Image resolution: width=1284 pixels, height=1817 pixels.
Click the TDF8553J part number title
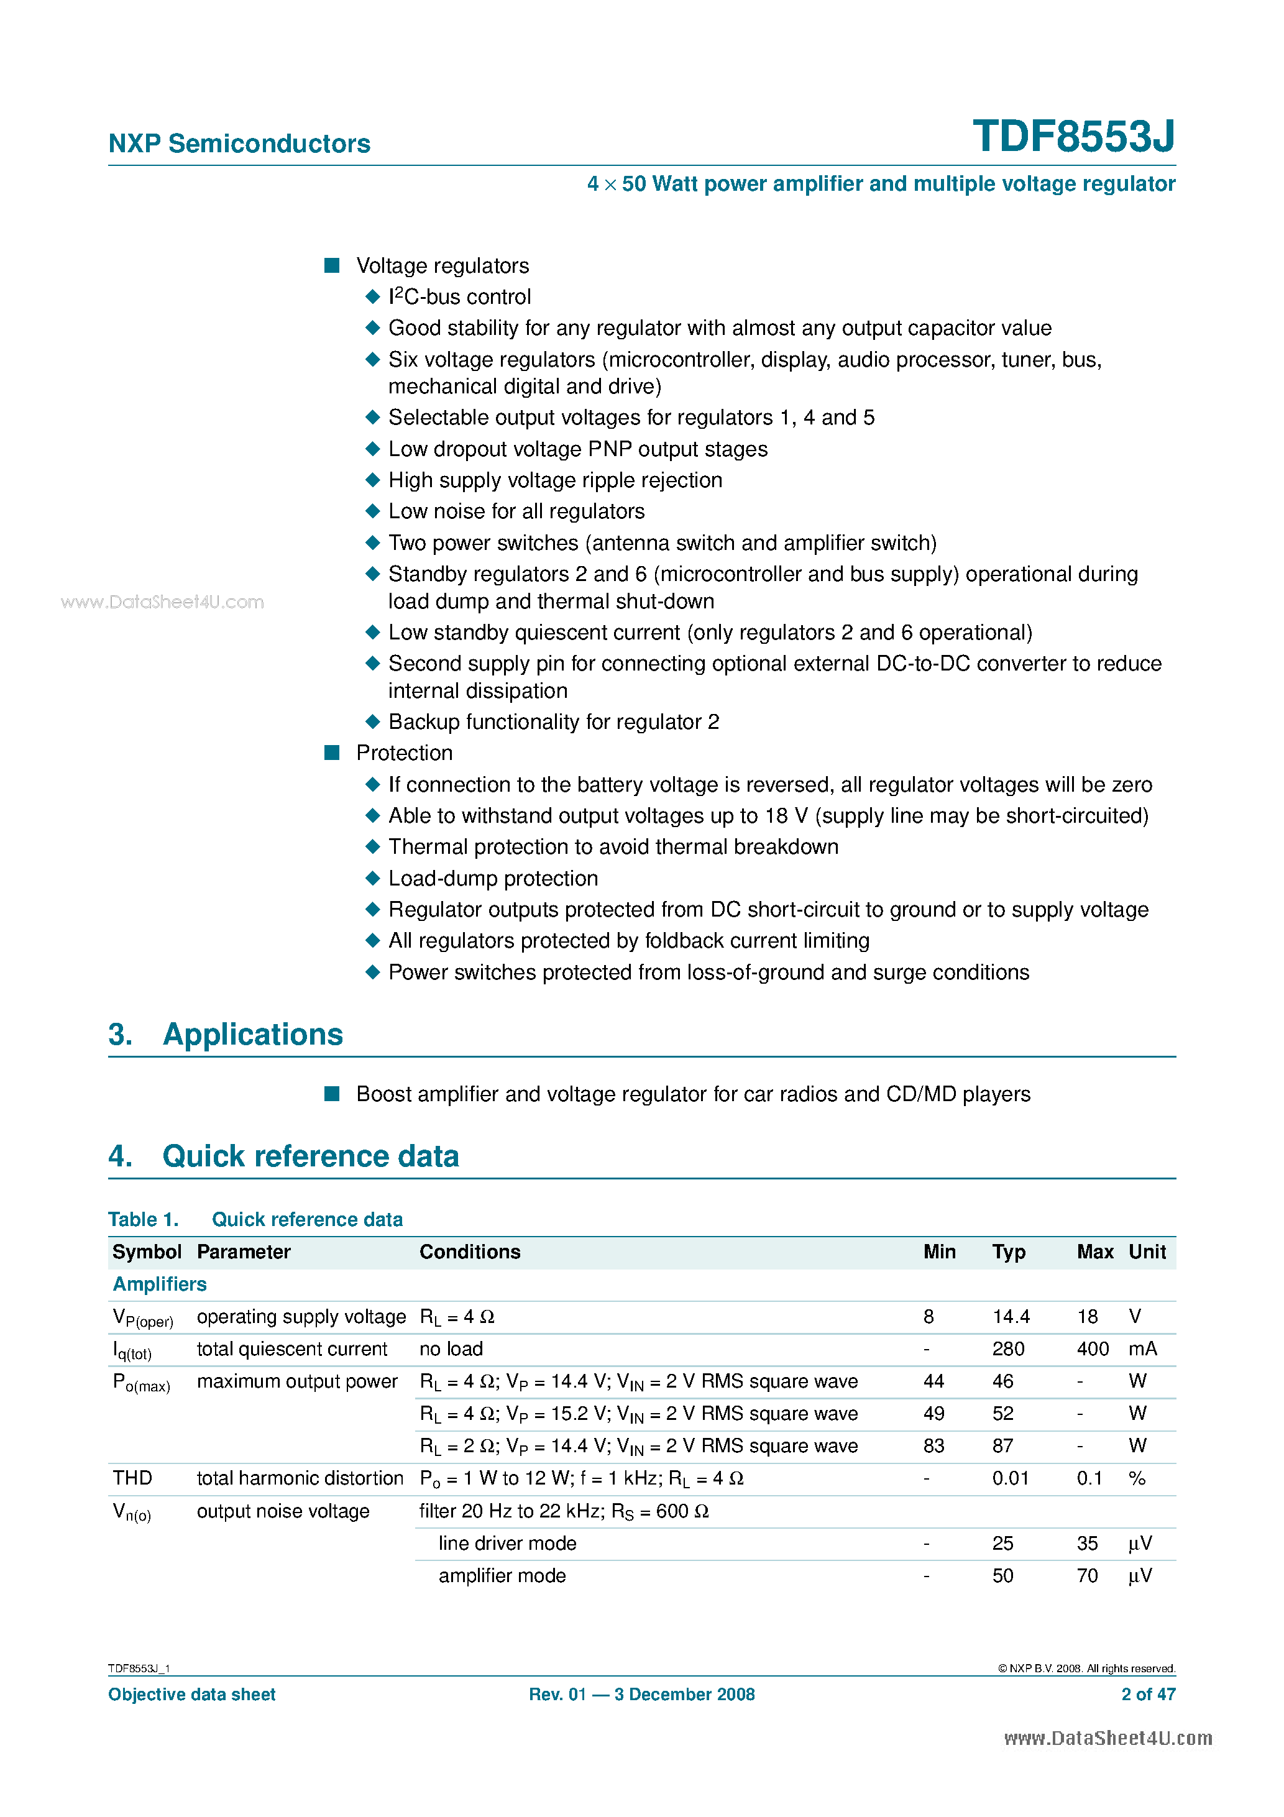click(1073, 136)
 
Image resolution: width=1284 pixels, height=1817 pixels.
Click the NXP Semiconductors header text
click(239, 144)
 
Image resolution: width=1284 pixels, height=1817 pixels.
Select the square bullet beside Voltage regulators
click(332, 265)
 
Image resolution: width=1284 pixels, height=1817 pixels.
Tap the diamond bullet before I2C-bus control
click(373, 297)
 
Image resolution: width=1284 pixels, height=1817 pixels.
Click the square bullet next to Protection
click(332, 753)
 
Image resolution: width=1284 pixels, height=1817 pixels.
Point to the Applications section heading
click(252, 1034)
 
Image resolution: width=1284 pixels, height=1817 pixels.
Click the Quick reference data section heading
click(310, 1156)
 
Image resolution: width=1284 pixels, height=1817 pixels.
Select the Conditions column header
click(469, 1252)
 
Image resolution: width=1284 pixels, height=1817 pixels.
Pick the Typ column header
click(1009, 1252)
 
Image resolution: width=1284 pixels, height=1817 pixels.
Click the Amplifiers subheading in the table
click(159, 1284)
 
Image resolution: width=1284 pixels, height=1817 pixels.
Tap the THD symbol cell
click(132, 1478)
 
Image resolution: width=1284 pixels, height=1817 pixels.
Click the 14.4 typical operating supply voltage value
click(1011, 1317)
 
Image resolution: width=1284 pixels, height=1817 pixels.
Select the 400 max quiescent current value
click(1093, 1349)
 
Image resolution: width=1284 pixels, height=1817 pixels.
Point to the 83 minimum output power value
click(933, 1446)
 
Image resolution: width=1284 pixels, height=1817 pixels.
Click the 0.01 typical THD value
click(1010, 1478)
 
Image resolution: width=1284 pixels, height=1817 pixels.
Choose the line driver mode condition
click(507, 1543)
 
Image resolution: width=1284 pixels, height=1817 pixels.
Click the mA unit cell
click(1142, 1349)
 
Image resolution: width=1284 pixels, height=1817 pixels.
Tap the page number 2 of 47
click(1148, 1695)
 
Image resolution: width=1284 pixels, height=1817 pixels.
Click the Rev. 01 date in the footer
click(641, 1695)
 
